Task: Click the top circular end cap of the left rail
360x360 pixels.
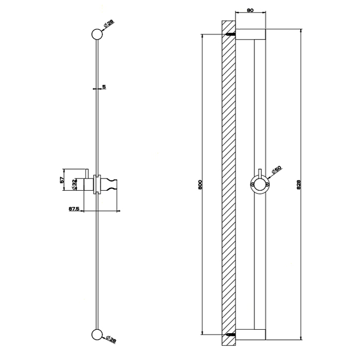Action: click(x=96, y=34)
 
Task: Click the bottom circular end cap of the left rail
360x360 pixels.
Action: click(x=96, y=335)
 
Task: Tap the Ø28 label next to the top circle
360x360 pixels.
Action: click(x=109, y=24)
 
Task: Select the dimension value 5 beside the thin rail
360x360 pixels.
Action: click(x=104, y=87)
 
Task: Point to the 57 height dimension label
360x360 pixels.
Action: click(x=62, y=179)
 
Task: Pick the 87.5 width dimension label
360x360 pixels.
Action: click(x=72, y=209)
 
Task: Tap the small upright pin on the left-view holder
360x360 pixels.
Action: click(x=88, y=172)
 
